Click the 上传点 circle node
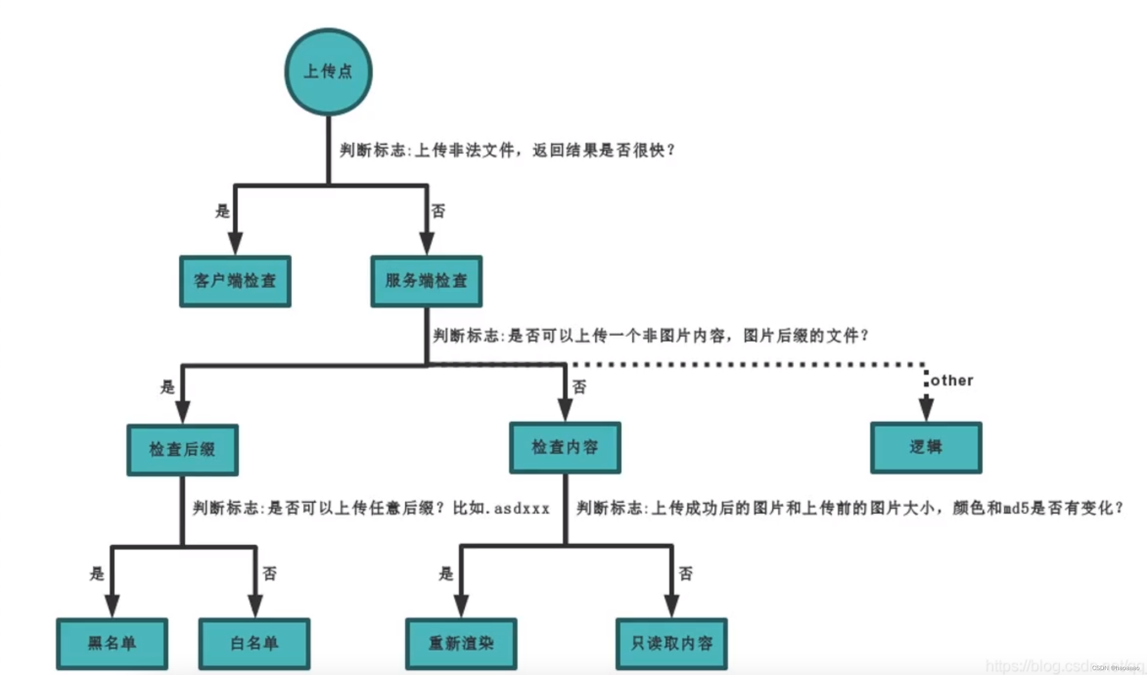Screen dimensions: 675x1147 [x=328, y=72]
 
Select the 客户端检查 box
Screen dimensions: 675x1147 [x=235, y=281]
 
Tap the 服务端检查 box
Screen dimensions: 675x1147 [x=426, y=281]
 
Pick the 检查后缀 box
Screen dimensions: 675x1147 [x=183, y=450]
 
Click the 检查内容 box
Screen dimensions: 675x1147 [x=565, y=448]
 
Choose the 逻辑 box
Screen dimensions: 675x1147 [x=926, y=448]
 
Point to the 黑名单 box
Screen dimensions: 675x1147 [x=112, y=644]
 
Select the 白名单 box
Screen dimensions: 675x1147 [x=254, y=644]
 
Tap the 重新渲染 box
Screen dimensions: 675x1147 [x=461, y=644]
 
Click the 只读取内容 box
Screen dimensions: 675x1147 [x=671, y=644]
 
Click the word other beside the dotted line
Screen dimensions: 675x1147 [x=952, y=381]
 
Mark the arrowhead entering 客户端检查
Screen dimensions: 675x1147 [x=235, y=243]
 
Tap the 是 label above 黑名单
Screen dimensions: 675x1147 [x=97, y=573]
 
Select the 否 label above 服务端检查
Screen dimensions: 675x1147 [x=438, y=211]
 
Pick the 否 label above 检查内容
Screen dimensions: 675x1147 [x=579, y=387]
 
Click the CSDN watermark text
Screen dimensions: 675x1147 [x=1115, y=668]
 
